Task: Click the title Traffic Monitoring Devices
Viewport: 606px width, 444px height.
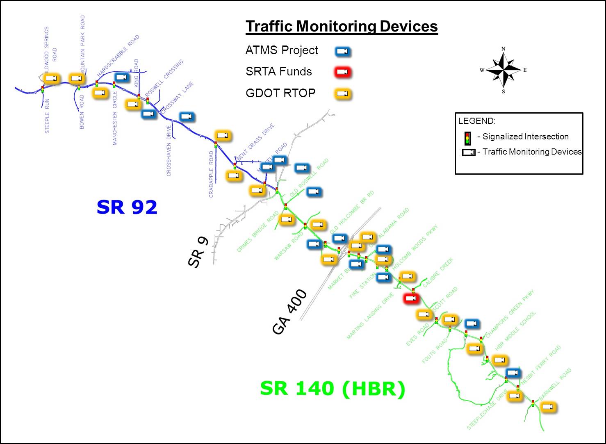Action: (342, 26)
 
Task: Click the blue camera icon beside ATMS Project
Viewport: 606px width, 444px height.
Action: (343, 51)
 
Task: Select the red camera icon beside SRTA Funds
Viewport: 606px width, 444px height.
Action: (343, 73)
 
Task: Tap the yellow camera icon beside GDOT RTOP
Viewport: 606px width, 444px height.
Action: (343, 94)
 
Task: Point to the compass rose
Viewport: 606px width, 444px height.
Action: (503, 70)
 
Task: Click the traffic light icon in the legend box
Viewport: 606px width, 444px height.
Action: (467, 138)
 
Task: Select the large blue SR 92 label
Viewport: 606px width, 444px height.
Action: (127, 207)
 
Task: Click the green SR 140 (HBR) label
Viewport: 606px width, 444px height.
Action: (333, 389)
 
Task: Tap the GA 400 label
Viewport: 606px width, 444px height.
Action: (289, 312)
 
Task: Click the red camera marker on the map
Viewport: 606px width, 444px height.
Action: (411, 298)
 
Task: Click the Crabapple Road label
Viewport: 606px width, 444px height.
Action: (212, 174)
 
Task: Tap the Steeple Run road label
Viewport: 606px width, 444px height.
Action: (47, 116)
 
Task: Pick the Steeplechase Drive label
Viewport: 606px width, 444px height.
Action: (487, 411)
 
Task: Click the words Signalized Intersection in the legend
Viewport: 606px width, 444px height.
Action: (525, 137)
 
